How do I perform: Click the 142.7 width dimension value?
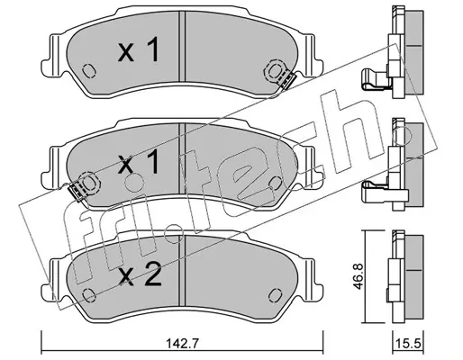182,343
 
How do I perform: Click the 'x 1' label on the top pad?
139,51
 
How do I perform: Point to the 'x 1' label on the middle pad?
139,162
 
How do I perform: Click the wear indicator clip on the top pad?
288,80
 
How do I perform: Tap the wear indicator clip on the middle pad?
76,192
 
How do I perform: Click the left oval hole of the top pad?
89,71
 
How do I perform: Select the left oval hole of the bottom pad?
89,295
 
